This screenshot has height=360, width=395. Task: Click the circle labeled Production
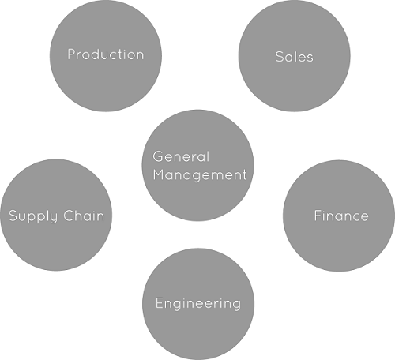point(106,56)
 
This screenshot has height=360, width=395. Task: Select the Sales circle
point(295,56)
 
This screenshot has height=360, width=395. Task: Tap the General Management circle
point(198,165)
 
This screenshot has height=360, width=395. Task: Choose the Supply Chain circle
point(56,215)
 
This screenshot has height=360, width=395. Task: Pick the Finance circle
point(339,216)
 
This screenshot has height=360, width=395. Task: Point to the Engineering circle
point(198,304)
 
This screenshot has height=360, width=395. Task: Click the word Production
point(106,54)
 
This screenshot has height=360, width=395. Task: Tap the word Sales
point(294,57)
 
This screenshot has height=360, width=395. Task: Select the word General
point(181,156)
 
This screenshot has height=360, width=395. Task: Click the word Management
point(200,175)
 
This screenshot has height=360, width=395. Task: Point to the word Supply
point(33,216)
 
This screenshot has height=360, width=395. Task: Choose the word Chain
point(84,216)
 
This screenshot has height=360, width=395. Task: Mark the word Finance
point(341,216)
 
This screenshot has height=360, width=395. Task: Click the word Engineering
point(198,304)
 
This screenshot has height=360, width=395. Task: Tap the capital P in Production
point(72,54)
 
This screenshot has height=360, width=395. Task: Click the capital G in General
point(158,157)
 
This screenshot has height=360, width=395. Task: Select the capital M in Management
point(160,174)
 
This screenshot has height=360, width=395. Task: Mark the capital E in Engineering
point(160,303)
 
